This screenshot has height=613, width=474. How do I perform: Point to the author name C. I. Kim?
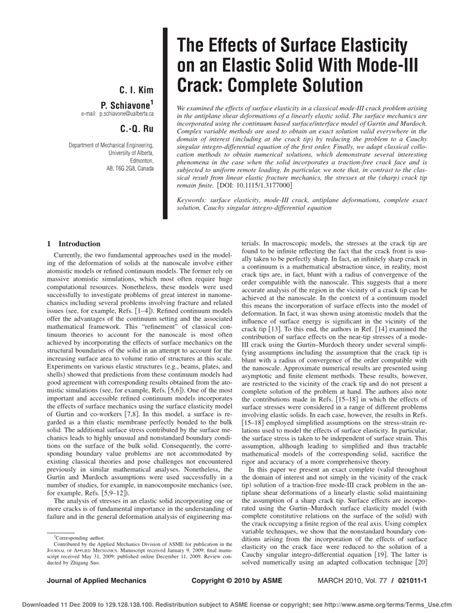134,90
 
